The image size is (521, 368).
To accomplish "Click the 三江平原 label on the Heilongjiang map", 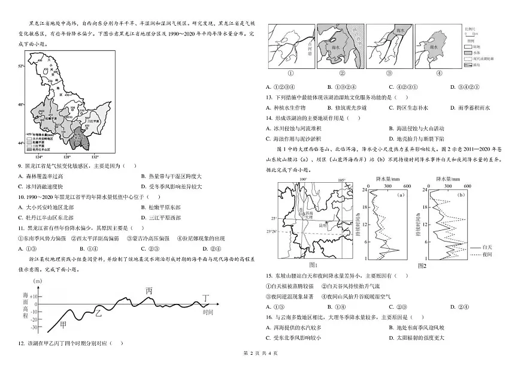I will [x=92, y=120].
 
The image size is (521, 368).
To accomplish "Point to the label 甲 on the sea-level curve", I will [x=63, y=324].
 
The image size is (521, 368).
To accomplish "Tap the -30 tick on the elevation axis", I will [x=34, y=327].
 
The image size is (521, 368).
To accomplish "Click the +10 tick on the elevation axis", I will [x=34, y=297].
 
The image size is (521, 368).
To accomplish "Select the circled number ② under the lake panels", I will [x=343, y=74].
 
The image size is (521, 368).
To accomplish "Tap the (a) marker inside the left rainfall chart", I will [x=401, y=194].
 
